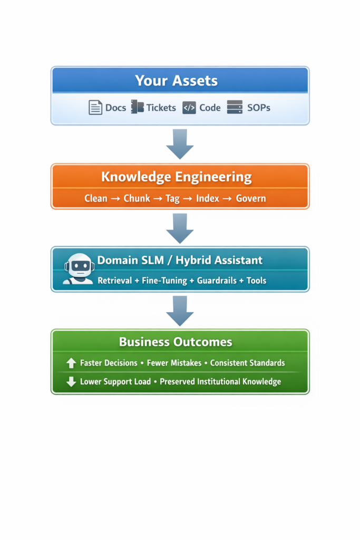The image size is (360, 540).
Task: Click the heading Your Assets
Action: pos(176,81)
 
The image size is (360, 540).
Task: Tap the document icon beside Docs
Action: pos(95,108)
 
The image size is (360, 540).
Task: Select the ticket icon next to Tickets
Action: pos(137,107)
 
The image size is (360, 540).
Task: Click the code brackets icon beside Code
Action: pos(189,108)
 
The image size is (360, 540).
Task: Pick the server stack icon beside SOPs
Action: pos(235,107)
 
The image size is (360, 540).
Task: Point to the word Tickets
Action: pos(161,108)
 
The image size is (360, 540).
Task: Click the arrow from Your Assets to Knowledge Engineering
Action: pos(180,143)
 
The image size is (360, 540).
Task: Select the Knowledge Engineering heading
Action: pos(176,177)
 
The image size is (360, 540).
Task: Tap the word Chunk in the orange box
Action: pos(137,199)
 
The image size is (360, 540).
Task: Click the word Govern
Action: pos(251,199)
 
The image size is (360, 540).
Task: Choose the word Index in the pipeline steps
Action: pos(207,199)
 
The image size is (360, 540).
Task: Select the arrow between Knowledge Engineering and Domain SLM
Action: pos(180,228)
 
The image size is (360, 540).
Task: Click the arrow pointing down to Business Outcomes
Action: pos(180,310)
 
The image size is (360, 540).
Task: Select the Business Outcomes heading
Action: pos(176,342)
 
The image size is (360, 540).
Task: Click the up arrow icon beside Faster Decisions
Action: pos(71,363)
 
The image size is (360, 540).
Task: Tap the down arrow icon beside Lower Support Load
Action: pos(71,382)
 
